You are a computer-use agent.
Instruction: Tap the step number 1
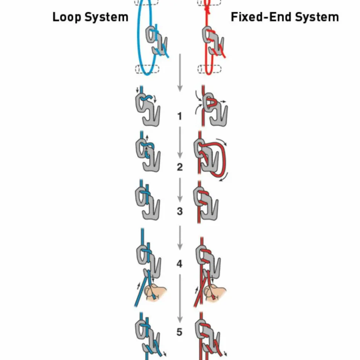pyautogui.click(x=180, y=116)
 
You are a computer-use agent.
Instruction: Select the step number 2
pyautogui.click(x=180, y=167)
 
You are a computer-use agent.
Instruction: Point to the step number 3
pyautogui.click(x=180, y=211)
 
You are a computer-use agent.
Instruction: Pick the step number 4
pyautogui.click(x=180, y=264)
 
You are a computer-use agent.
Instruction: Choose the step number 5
pyautogui.click(x=180, y=332)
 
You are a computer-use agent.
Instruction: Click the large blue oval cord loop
pyautogui.click(x=141, y=38)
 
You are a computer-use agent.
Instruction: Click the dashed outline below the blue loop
pyautogui.click(x=147, y=69)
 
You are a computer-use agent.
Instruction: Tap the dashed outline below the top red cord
pyautogui.click(x=209, y=69)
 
